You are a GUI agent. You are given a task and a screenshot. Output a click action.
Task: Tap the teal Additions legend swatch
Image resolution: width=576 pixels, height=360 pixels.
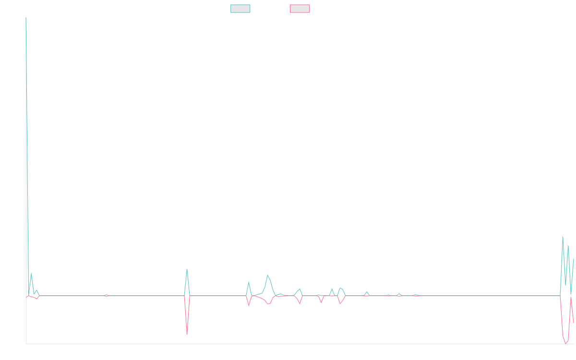(240, 9)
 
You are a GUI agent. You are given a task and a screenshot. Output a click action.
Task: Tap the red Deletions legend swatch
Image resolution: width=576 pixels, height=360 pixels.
(300, 9)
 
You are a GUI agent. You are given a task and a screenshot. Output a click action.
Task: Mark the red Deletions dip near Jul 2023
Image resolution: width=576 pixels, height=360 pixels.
(187, 334)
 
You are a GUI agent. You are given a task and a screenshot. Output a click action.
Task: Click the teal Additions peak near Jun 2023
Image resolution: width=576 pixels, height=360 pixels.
(187, 269)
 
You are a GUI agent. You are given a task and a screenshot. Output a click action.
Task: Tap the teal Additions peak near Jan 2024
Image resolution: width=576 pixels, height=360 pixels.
(267, 275)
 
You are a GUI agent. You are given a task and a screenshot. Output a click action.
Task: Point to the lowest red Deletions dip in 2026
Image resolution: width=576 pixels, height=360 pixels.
(565, 344)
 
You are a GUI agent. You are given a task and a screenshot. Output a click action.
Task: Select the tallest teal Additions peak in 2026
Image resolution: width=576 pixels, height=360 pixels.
(563, 237)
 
